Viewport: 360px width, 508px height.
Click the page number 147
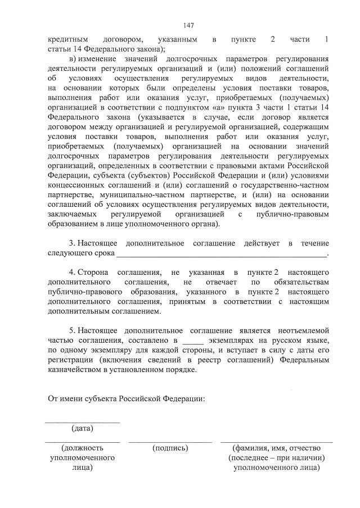pos(188,25)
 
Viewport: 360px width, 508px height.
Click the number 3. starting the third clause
pos(72,243)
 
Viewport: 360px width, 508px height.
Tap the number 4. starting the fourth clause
pos(72,272)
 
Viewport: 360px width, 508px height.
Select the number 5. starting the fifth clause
pos(72,330)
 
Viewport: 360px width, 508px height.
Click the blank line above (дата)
pos(82,422)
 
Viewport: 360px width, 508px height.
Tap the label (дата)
pos(82,429)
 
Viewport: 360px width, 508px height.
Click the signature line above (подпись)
pos(170,442)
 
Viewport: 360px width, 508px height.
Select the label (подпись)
pos(170,448)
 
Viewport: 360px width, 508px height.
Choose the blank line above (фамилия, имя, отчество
pos(276,442)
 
